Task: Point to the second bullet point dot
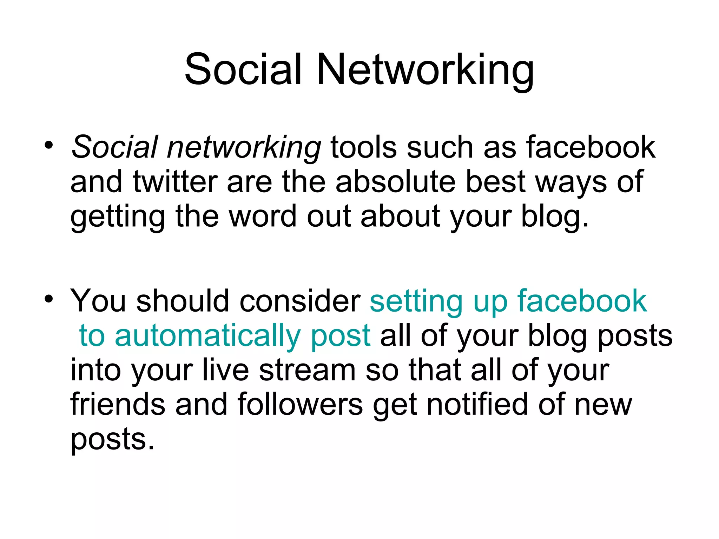49,299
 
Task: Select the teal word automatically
207,336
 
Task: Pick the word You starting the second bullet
98,301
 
